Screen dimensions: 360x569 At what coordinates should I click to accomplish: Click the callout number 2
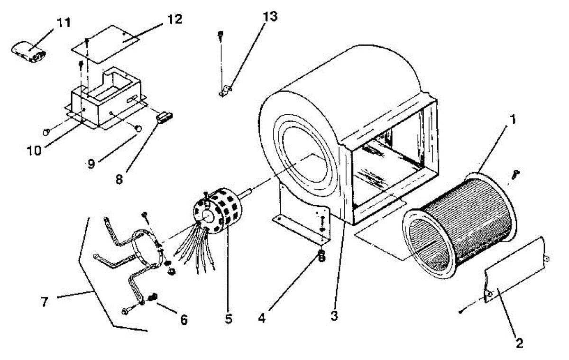coord(520,343)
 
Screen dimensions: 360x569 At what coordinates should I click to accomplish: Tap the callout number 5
coord(229,319)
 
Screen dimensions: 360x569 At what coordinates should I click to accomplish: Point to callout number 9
coord(91,164)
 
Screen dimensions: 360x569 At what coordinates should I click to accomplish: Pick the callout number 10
coord(35,150)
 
